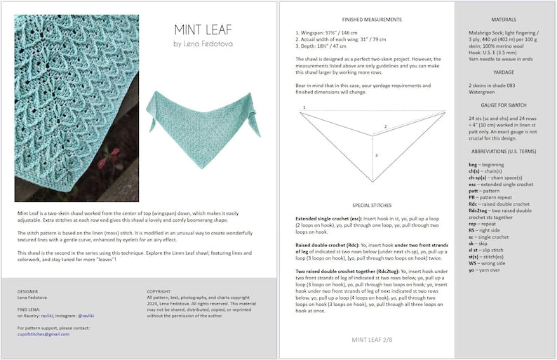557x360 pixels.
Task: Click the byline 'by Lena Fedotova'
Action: (x=203, y=44)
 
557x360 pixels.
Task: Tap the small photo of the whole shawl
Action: (x=203, y=113)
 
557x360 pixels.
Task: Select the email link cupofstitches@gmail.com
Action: (x=43, y=334)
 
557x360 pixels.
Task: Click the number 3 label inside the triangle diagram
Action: (x=376, y=155)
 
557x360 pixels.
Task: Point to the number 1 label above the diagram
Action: (x=304, y=107)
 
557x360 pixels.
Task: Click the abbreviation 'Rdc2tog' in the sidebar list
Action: (x=480, y=210)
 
